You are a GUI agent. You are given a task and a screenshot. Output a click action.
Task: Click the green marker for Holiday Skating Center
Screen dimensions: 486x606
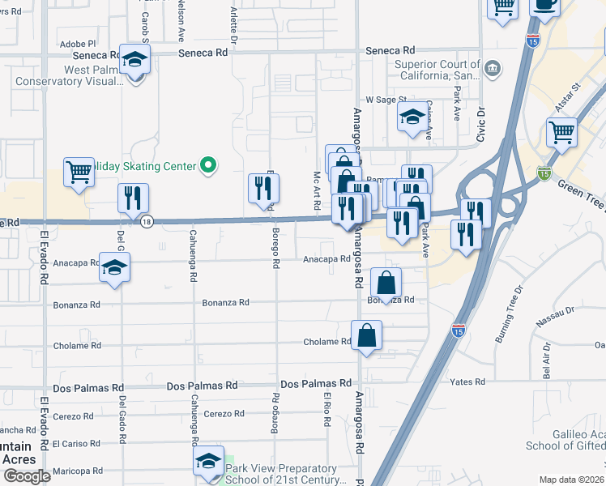(208, 166)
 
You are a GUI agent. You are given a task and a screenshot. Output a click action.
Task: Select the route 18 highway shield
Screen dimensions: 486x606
(146, 222)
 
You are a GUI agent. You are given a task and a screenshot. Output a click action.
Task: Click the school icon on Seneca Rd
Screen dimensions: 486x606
(135, 59)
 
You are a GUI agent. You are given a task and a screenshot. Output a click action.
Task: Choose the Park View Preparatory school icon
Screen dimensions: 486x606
(208, 462)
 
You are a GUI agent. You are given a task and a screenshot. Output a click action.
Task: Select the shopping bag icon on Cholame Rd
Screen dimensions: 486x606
(366, 335)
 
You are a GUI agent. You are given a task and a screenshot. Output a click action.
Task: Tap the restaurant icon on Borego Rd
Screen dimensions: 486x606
(263, 188)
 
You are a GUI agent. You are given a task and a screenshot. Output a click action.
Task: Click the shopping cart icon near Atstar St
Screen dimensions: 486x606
(561, 131)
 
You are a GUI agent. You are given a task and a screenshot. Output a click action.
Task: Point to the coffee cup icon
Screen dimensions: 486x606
(544, 5)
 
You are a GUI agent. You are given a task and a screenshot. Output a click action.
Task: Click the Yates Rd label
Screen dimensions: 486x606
(469, 382)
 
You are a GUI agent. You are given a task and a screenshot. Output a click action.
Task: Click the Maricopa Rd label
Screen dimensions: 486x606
(77, 471)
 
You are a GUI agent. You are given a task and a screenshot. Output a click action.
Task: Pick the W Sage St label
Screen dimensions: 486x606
(385, 99)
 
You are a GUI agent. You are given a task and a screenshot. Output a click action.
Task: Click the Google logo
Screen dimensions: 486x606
(26, 476)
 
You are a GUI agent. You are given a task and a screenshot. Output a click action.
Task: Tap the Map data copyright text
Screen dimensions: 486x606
(570, 480)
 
